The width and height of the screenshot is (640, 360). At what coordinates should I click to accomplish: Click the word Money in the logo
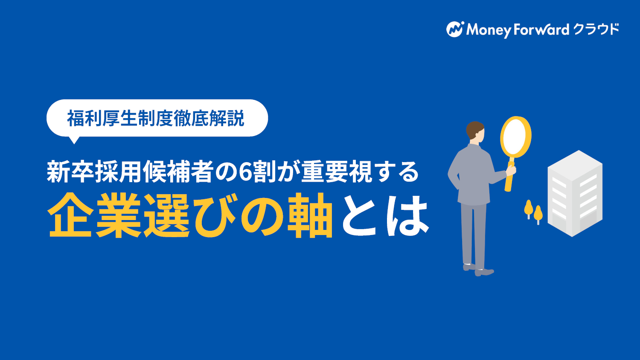[489, 30]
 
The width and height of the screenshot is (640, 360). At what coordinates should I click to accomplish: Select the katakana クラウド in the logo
[596, 29]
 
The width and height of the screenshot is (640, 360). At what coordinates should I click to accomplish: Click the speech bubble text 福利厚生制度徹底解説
[156, 118]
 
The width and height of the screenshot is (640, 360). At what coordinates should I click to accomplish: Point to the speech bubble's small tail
[74, 140]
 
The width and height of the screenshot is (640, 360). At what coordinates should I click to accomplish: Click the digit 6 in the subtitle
[245, 172]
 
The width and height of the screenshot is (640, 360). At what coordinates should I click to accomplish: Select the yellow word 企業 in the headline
[95, 215]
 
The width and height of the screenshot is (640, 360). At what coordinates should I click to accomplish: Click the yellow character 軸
[310, 215]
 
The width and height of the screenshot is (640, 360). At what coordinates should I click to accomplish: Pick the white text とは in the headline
[386, 216]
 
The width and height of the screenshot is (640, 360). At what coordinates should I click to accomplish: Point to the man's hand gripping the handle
[511, 170]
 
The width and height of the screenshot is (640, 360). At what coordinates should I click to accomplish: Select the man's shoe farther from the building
[469, 267]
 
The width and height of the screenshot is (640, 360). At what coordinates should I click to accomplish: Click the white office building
[575, 193]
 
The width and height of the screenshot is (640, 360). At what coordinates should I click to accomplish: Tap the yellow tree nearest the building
[538, 214]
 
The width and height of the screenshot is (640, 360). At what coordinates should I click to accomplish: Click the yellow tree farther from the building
[529, 209]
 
